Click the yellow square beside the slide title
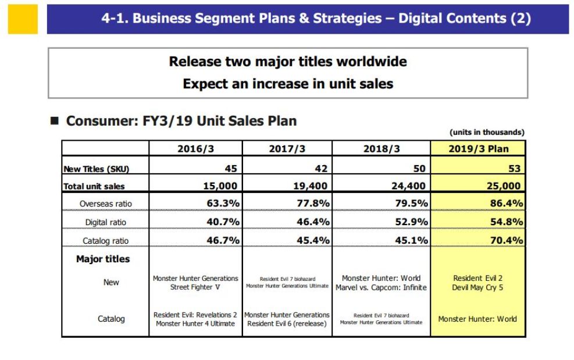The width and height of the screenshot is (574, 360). click(23, 19)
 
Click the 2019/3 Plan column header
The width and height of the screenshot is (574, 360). click(478, 149)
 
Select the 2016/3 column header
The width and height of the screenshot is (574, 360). click(195, 149)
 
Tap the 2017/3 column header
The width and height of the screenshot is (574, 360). click(287, 149)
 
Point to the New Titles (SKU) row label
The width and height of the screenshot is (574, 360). click(96, 169)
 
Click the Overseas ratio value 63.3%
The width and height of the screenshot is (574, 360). click(223, 204)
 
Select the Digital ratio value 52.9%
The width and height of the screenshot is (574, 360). click(411, 222)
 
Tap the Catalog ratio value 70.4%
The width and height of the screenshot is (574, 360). click(506, 240)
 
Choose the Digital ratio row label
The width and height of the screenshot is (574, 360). click(105, 222)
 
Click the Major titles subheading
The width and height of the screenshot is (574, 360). click(103, 259)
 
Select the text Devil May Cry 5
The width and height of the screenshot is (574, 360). click(477, 287)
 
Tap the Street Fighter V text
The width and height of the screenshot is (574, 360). click(195, 287)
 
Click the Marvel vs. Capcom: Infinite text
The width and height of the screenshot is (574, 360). click(381, 287)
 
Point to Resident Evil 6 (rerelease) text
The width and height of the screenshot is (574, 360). click(287, 323)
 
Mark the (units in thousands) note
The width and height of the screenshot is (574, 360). click(487, 132)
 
